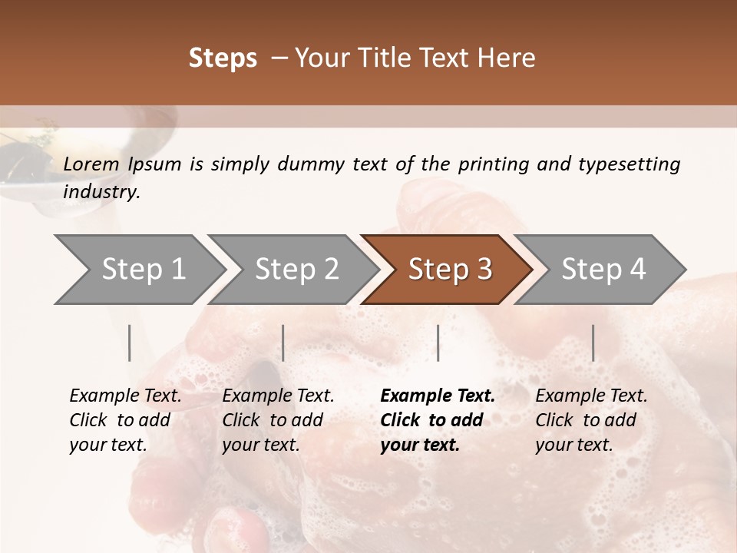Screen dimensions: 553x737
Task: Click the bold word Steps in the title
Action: point(223,58)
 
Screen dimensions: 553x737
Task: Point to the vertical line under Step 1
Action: point(130,343)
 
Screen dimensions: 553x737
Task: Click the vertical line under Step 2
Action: point(283,343)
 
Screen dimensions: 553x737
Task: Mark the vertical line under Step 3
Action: point(438,343)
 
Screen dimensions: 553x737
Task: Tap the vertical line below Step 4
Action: point(593,343)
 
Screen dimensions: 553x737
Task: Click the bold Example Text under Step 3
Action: point(438,396)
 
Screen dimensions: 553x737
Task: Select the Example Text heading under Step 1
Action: point(125,396)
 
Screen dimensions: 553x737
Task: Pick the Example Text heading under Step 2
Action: point(278,396)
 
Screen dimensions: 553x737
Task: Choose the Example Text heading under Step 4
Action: point(591,396)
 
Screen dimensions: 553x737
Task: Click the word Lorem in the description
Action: point(91,164)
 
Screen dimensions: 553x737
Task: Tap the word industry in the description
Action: point(101,192)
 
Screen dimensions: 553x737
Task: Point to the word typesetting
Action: point(629,164)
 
